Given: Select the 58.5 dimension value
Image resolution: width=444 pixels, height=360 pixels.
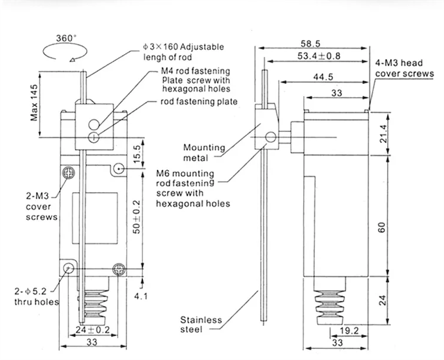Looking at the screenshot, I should click(319, 42).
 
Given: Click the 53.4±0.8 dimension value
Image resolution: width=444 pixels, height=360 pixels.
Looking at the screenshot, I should click(318, 55).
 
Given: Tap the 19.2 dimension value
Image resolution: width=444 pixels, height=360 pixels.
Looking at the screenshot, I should click(351, 332).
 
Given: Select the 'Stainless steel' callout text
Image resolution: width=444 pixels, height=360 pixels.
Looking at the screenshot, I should click(201, 325).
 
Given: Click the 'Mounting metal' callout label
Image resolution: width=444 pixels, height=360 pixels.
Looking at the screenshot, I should click(205, 153).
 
